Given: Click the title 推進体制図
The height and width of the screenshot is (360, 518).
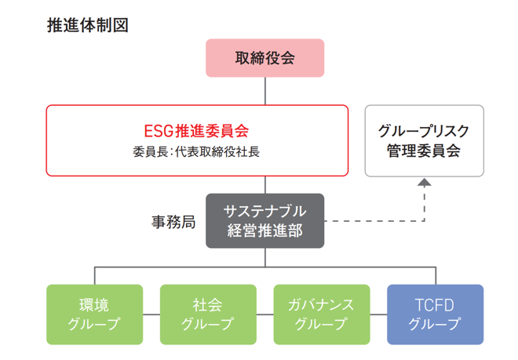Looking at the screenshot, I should click(x=87, y=24).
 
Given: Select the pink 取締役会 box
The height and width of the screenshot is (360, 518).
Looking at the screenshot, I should click(x=264, y=57).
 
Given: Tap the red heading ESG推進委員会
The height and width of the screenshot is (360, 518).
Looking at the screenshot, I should click(x=196, y=130).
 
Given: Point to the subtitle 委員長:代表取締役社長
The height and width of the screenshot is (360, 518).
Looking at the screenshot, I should click(x=196, y=151).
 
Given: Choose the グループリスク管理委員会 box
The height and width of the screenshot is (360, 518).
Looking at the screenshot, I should click(x=424, y=140).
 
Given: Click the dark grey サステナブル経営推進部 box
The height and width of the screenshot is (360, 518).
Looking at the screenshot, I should click(x=264, y=220).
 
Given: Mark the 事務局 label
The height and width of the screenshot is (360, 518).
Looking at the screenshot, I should click(x=173, y=221).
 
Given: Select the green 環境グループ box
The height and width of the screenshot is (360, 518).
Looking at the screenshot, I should click(x=95, y=314).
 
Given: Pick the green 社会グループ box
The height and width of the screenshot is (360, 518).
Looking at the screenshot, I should click(x=208, y=314).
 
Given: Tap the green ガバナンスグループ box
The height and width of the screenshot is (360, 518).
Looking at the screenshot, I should click(x=322, y=314).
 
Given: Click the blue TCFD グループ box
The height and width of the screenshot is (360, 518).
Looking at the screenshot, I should click(x=435, y=314).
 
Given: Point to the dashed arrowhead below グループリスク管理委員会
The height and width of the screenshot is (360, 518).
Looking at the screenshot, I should click(x=424, y=182).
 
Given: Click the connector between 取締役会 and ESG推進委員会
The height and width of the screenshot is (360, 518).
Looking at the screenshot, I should click(x=264, y=91).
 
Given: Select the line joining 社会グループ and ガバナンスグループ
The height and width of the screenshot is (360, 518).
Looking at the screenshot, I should click(x=265, y=315).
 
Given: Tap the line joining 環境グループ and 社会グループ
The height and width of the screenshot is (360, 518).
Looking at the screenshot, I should click(x=151, y=315).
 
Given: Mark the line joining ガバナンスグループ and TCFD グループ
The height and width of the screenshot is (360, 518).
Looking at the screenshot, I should click(x=378, y=315).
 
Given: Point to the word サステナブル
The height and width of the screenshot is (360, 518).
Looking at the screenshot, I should click(x=264, y=211).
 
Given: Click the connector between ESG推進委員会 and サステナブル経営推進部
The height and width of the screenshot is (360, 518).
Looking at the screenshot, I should click(x=264, y=185).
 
